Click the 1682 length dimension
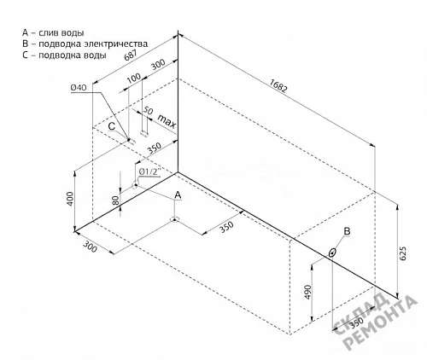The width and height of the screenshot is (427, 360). (278, 85)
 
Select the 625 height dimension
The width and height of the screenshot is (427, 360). (403, 253)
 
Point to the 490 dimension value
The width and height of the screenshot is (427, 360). (308, 292)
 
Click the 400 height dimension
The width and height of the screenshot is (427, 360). (70, 199)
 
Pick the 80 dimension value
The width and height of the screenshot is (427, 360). (115, 201)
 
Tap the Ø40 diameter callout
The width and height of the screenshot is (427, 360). (79, 88)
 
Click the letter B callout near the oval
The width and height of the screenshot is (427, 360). (347, 231)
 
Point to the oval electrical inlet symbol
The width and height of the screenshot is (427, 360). (332, 253)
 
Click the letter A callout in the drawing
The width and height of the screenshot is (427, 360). (178, 195)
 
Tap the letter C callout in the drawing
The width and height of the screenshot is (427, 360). (112, 126)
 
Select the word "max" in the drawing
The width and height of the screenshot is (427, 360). (167, 121)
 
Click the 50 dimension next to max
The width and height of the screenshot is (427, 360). (148, 110)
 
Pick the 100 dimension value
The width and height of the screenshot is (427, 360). (133, 78)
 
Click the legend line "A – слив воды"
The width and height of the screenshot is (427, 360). (53, 32)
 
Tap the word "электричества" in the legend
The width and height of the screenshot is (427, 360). (116, 44)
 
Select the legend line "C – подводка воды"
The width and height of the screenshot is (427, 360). (64, 55)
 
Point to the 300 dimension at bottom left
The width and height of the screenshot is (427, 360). (91, 247)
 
